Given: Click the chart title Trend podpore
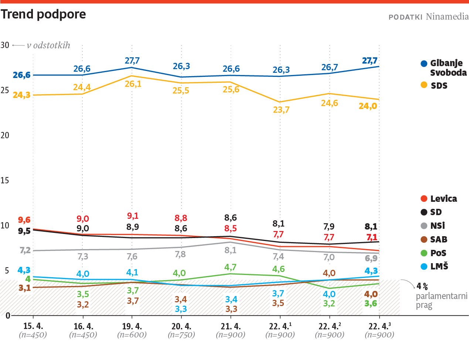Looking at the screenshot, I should (x=43, y=14).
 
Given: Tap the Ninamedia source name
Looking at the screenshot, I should (x=447, y=17).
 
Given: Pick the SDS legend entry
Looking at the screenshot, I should (x=439, y=85).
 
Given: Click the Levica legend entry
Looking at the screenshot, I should (x=443, y=199).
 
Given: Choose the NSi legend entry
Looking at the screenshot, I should (x=438, y=226).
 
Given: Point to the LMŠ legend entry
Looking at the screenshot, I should (x=439, y=266).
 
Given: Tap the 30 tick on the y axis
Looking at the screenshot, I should (x=5, y=45).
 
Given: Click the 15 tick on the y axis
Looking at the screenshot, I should (x=5, y=180).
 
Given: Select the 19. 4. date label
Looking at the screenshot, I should (x=132, y=326).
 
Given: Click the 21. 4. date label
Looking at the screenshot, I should (x=231, y=326).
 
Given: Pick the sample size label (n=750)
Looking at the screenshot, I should (x=181, y=335).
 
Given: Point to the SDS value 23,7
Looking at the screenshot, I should (x=281, y=110).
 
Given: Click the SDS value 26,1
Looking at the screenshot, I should (x=133, y=84).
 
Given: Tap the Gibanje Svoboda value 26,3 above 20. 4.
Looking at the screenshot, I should (x=181, y=66).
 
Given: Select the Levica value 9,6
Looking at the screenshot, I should (x=24, y=220).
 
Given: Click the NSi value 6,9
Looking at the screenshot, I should (x=371, y=258).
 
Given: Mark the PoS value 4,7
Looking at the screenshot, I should (x=230, y=267).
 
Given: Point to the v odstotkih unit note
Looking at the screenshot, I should (x=48, y=45).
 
